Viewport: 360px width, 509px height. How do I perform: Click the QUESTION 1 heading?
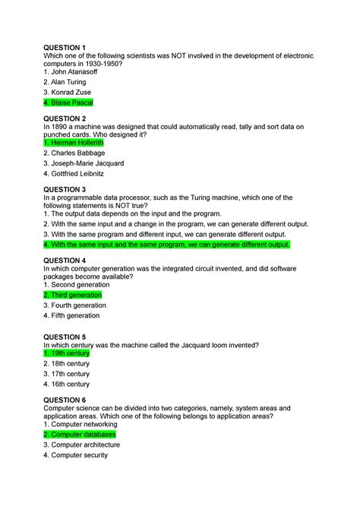click(x=66, y=47)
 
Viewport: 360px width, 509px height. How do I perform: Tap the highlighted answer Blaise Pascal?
click(x=68, y=102)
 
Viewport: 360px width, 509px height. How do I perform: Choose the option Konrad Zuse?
click(x=68, y=91)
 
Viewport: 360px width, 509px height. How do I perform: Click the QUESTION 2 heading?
click(x=66, y=119)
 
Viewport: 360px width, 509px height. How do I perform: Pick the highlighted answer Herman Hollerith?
click(x=74, y=142)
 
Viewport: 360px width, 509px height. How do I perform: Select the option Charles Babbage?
click(x=74, y=153)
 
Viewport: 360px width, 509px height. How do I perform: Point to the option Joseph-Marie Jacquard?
click(x=84, y=163)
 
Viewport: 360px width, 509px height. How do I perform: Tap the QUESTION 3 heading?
click(x=66, y=189)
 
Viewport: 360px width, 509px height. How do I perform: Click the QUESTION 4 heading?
click(x=66, y=261)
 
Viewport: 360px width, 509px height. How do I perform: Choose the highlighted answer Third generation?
click(x=72, y=294)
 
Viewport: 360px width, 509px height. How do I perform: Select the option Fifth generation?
click(x=71, y=315)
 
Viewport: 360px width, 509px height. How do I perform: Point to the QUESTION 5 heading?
click(x=66, y=337)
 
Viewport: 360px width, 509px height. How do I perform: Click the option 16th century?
click(x=67, y=384)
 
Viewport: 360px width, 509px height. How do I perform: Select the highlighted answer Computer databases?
click(x=80, y=435)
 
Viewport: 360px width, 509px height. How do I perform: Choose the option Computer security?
click(x=75, y=455)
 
